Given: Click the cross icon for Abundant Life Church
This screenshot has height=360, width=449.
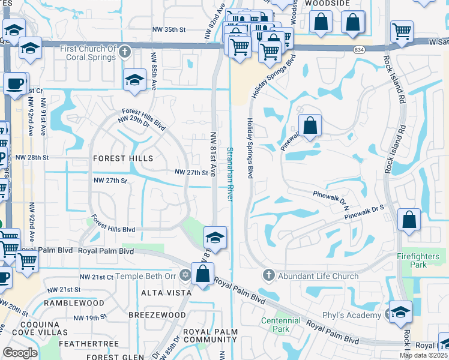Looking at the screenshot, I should (x=269, y=276).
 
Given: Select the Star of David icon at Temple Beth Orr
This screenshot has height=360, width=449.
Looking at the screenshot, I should (x=185, y=276).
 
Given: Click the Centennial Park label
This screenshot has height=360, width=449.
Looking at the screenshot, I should (x=280, y=325).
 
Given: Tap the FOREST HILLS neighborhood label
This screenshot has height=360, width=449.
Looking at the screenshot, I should (x=123, y=158).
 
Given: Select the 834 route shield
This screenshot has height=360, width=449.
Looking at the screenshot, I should (x=359, y=49).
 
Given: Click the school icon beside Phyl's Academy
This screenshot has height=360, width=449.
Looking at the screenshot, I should (x=400, y=313).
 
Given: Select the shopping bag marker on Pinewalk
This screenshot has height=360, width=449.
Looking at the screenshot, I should (x=310, y=126).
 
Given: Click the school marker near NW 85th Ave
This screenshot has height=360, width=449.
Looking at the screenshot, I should (x=135, y=80).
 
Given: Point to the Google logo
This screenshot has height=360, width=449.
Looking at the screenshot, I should (x=20, y=353).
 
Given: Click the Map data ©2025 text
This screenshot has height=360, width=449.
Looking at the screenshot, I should (x=423, y=355).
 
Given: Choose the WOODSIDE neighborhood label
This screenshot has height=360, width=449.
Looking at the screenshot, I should (x=327, y=4).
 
